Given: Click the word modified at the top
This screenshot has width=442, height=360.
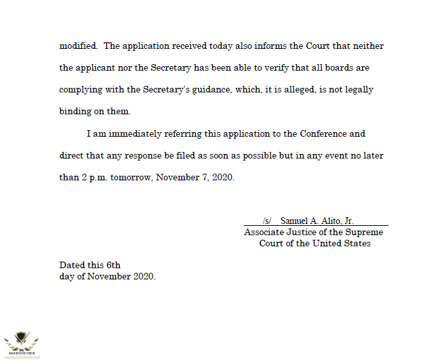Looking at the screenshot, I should tap(79, 46).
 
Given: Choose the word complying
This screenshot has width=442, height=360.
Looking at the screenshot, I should tap(81, 90).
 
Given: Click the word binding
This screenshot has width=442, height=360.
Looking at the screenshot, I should tap(76, 112).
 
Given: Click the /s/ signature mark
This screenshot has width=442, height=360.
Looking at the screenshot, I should tap(267, 221).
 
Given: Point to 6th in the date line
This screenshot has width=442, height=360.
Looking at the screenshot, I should tap(114, 265).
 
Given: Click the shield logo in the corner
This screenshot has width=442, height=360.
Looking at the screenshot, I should tap(21, 341).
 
